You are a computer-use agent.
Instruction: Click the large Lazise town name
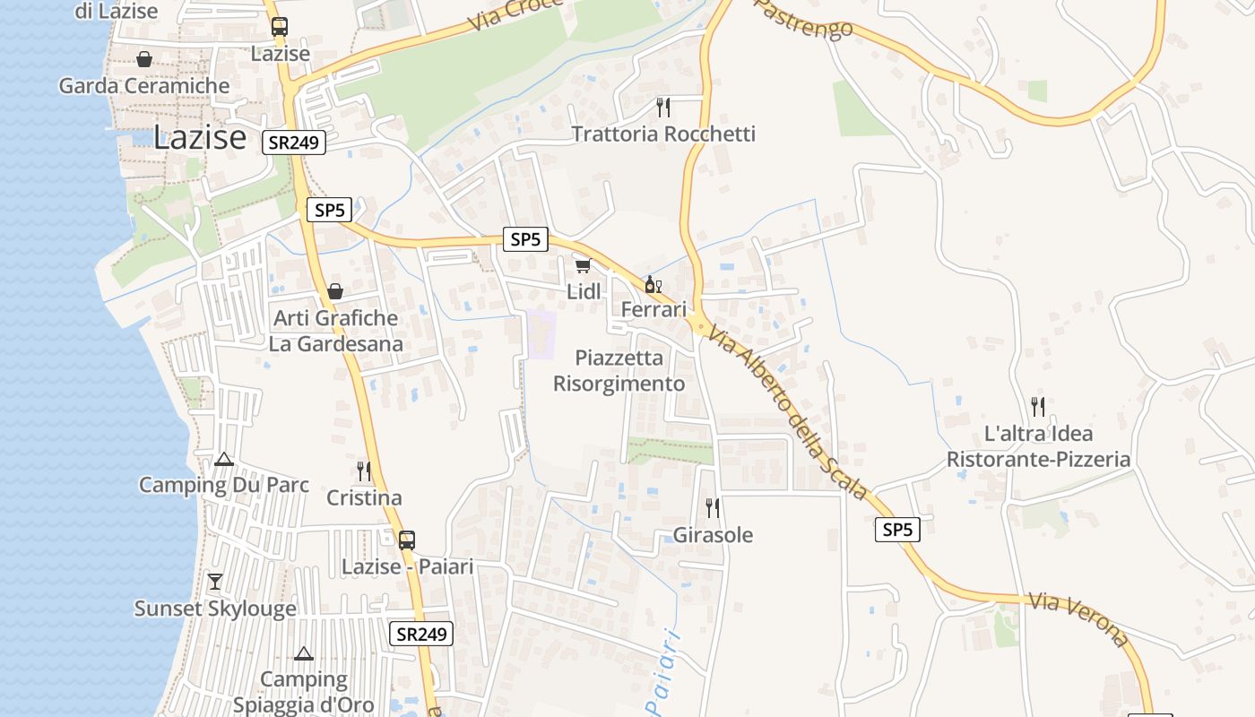[x=199, y=137]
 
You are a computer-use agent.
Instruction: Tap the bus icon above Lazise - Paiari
[x=406, y=540]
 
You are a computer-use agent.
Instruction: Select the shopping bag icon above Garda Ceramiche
[x=143, y=59]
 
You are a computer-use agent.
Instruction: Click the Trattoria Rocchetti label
[x=663, y=134]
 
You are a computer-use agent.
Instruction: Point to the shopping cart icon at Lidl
[x=583, y=265]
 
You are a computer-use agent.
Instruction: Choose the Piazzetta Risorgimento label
[x=619, y=371]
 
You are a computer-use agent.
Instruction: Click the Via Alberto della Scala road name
[x=788, y=411]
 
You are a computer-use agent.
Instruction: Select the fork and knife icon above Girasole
[x=713, y=508]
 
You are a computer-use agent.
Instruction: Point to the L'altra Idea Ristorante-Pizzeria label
[x=1038, y=446]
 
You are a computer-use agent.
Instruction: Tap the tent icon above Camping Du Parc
[x=224, y=460]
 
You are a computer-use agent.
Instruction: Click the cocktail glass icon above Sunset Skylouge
[x=215, y=582]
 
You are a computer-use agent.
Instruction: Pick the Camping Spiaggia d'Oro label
[x=304, y=692]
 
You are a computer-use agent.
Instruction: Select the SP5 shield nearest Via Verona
[x=897, y=530]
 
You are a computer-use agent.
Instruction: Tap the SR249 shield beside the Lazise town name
[x=293, y=143]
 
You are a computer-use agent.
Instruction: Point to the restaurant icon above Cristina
[x=364, y=471]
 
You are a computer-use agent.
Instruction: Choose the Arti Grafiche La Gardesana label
[x=335, y=331]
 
